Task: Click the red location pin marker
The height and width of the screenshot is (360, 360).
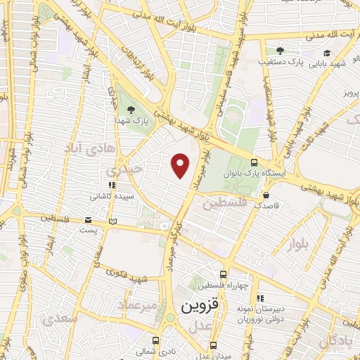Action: point(181,166)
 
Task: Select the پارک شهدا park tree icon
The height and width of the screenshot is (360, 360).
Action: point(131,109)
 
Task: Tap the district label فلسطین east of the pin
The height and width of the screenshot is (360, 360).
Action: point(226,204)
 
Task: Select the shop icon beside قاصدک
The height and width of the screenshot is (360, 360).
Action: point(266,195)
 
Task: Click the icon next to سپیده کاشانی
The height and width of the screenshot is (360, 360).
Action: point(103,186)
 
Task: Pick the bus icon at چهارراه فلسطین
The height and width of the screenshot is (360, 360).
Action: point(223,274)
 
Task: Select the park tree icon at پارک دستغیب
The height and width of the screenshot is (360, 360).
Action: point(280,51)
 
